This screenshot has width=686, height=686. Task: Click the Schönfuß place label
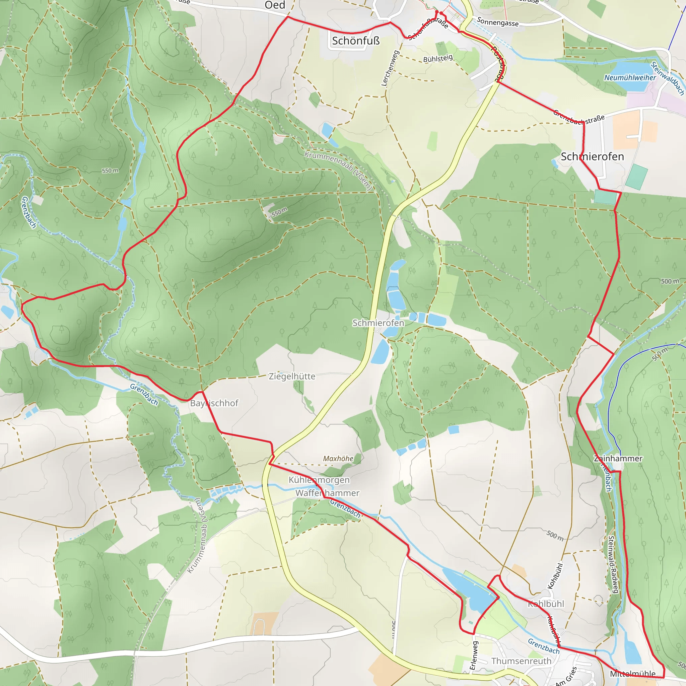tap(356, 41)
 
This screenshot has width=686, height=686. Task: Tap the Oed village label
tap(275, 5)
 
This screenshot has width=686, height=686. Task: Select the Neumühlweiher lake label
tap(630, 77)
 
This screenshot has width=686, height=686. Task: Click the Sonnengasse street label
tap(497, 22)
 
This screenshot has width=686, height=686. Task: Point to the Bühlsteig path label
tap(438, 58)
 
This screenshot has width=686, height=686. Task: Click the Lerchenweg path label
tap(390, 68)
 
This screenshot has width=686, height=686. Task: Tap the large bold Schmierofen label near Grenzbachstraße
tap(592, 156)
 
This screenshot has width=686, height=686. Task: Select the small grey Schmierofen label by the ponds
tap(378, 323)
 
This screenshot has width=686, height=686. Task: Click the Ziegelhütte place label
tap(292, 376)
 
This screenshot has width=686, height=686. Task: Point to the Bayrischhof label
tap(214, 403)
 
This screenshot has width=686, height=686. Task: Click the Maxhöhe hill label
tap(338, 459)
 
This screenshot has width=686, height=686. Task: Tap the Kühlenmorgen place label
tap(319, 480)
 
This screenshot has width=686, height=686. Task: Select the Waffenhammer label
tap(327, 493)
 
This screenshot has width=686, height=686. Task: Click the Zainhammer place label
tap(618, 459)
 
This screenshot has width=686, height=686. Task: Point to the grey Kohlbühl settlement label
tap(546, 604)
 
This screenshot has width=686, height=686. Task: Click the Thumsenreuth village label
tap(521, 661)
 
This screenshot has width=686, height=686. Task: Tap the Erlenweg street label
tap(474, 655)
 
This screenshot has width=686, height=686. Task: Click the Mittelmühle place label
tap(633, 674)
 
